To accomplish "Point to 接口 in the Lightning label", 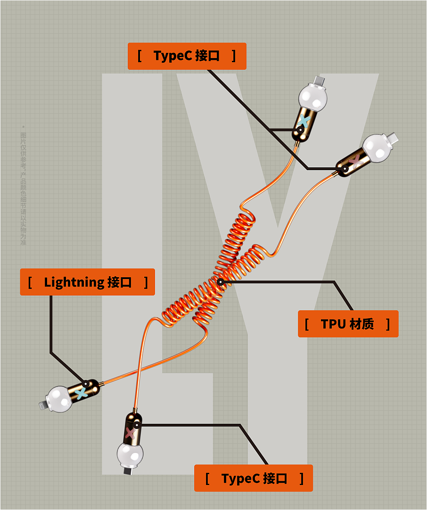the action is click(120, 282).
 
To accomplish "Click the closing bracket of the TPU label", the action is click(388, 324).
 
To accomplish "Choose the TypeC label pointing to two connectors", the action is click(187, 56).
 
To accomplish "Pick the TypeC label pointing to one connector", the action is click(254, 478).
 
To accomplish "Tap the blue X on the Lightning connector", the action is click(82, 393).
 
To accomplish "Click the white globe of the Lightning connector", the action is click(60, 399).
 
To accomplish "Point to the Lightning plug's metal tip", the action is click(43, 404).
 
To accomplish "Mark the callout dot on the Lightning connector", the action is click(86, 384).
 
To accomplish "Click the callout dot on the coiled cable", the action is click(220, 282).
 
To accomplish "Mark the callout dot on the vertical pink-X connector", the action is click(137, 425).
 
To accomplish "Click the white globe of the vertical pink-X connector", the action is click(130, 453).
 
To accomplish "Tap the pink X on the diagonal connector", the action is click(356, 160).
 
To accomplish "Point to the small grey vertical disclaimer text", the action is click(24, 186).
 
